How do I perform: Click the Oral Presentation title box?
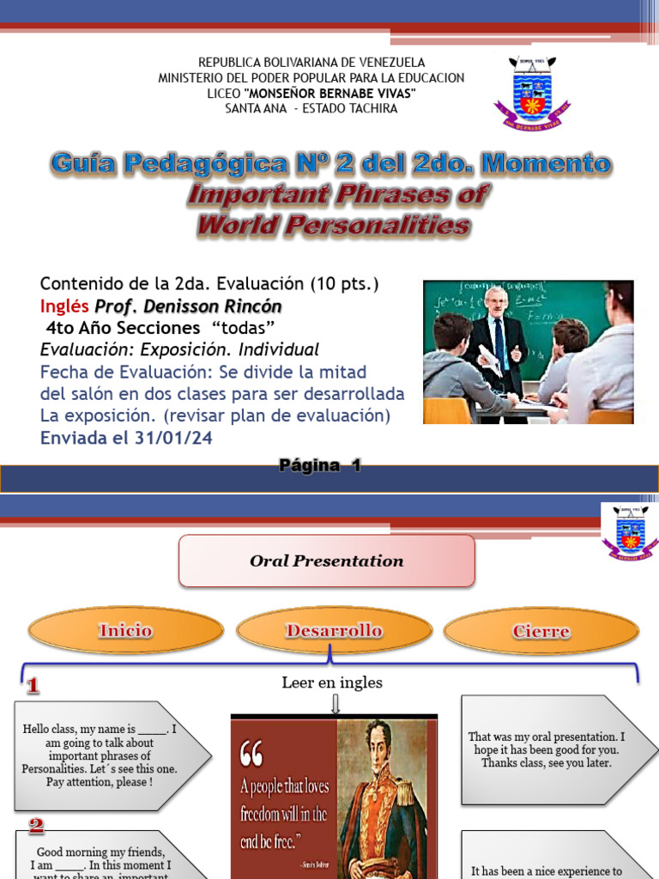coord(326,561)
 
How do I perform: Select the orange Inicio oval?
coord(125,632)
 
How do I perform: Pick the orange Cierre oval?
coord(541,632)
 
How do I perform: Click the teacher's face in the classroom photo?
coord(495,300)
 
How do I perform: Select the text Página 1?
coord(320,465)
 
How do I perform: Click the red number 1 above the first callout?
coord(33,686)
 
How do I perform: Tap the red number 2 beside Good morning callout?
coord(36,827)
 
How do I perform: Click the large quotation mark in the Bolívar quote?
coord(251,753)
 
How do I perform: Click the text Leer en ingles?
coord(332,683)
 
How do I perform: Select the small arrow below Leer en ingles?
coord(335,704)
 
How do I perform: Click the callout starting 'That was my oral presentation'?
coord(547,749)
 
